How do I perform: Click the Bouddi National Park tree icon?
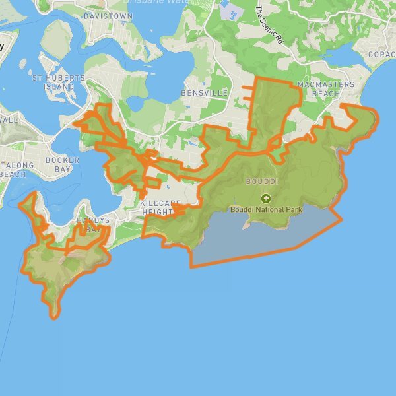pos(265,198)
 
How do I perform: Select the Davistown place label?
pos(108,15)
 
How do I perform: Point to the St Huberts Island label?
pos(59,82)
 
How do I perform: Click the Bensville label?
pos(208,94)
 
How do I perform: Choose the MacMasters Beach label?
pos(325,89)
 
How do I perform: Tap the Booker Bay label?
pos(62,164)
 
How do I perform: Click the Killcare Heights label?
pos(157,209)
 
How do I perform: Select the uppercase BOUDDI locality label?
pos(261,181)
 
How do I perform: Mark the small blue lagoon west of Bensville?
pos(136,104)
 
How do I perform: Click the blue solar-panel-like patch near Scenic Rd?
pos(231,10)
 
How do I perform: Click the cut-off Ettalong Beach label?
pos(12,170)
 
